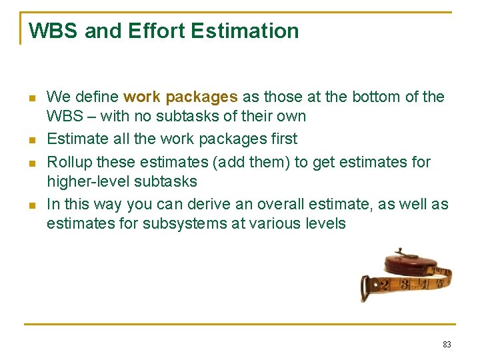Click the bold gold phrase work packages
[x=180, y=97]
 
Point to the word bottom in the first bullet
[x=376, y=97]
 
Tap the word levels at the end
[x=326, y=223]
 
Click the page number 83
[x=447, y=345]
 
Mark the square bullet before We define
[x=31, y=98]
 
